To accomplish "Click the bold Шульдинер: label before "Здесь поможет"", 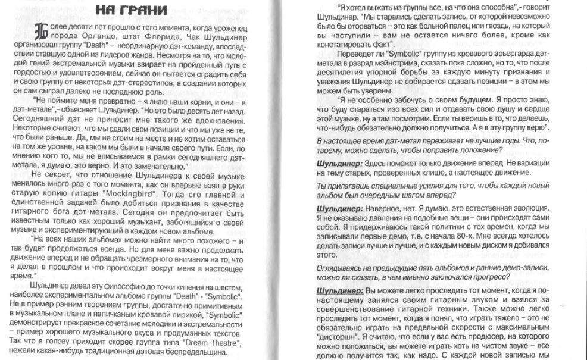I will pyautogui.click(x=339, y=162).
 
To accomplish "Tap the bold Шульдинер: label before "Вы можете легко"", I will pyautogui.click(x=339, y=290).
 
